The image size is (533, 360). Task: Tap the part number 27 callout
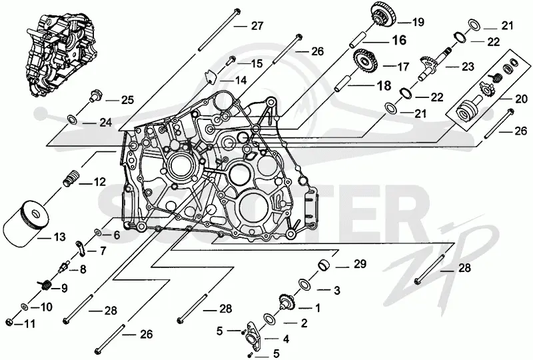pos(257,26)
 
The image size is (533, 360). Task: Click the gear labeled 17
pos(365,61)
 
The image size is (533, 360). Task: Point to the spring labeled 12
pos(71,177)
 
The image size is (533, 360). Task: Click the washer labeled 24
pos(72,119)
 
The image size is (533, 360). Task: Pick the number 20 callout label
pos(522,100)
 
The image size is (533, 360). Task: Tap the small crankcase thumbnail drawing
pos(61,54)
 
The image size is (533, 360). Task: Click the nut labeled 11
pos(10,322)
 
